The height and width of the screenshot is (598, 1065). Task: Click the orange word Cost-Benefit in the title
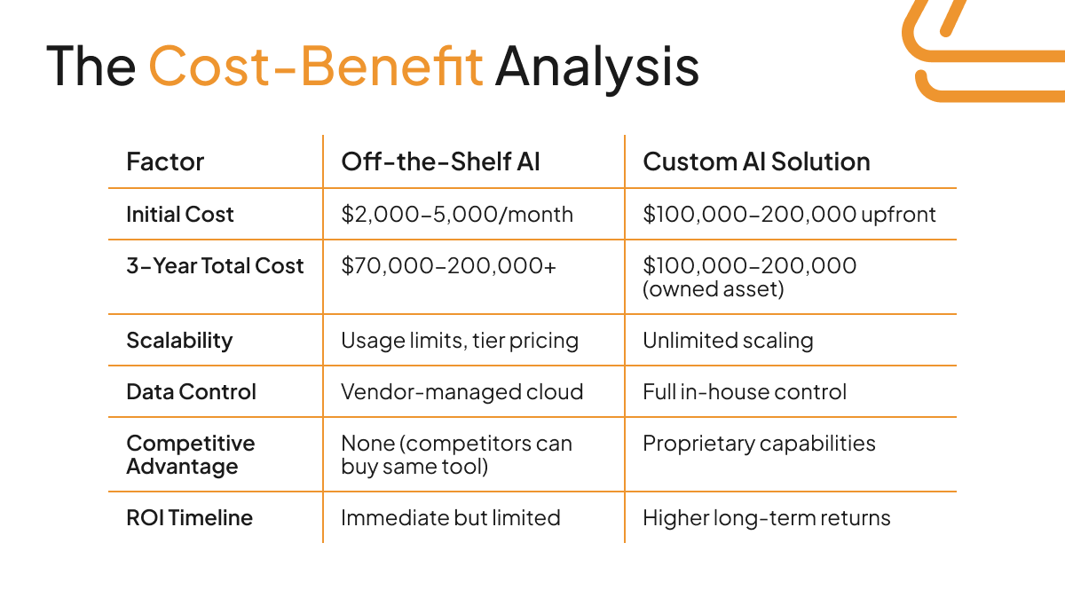coord(315,66)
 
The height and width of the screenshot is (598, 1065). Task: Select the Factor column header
coord(165,161)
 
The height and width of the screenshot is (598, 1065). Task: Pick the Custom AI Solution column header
coord(756,161)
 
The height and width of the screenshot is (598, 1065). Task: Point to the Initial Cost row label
coord(180,214)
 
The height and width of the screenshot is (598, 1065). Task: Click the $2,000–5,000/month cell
coord(457,214)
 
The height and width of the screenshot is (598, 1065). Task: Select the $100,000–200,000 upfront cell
coord(789,214)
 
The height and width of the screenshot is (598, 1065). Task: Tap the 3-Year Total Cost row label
coord(215,265)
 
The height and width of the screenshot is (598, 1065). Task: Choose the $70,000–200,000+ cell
coord(448,265)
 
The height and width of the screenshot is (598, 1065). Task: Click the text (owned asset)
coord(714,288)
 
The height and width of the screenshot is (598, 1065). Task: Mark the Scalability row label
coord(179,340)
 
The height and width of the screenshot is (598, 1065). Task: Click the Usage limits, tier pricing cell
coord(460,340)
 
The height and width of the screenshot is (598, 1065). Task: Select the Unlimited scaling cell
coord(728,340)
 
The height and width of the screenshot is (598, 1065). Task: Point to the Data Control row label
coord(191,391)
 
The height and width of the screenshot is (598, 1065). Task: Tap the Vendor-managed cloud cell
coord(461,391)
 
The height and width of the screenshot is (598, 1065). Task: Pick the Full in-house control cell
coord(745,391)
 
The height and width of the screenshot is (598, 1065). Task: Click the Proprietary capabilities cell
coord(759,443)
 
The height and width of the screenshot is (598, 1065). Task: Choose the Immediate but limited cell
coord(450,517)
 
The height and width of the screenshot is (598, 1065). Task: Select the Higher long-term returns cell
coord(766,517)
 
